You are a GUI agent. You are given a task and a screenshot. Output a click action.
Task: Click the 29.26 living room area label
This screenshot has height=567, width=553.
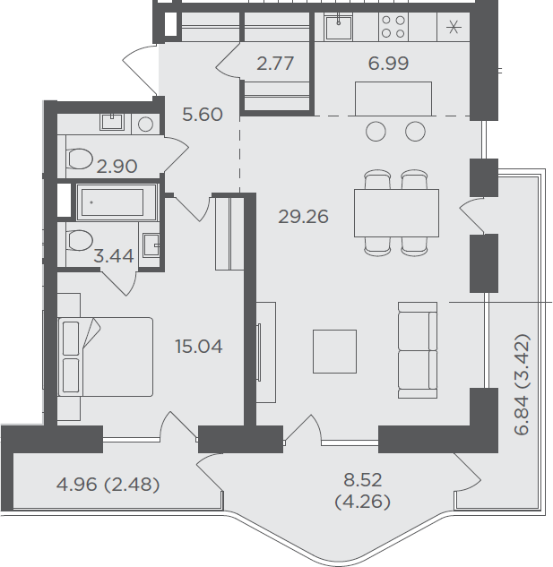(303, 217)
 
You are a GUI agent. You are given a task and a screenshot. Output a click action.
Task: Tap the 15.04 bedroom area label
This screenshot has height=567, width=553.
(199, 347)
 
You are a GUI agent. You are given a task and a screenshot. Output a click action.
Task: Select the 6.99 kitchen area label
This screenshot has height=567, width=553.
(388, 64)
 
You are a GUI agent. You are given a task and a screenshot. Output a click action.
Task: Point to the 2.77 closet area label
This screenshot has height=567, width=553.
(275, 64)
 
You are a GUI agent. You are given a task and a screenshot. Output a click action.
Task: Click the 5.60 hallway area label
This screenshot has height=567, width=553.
(203, 115)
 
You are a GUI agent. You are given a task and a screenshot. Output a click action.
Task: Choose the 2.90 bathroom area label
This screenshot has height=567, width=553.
(117, 167)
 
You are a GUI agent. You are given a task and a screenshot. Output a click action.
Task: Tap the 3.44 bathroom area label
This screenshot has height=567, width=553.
(114, 256)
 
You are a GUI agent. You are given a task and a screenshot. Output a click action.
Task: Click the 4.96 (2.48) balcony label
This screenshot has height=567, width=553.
(108, 485)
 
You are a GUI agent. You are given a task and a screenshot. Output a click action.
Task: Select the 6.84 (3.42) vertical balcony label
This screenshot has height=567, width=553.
(522, 384)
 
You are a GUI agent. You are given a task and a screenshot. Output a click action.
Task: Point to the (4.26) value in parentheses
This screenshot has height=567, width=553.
(363, 502)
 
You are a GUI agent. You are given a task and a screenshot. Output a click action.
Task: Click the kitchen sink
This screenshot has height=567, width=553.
(339, 27)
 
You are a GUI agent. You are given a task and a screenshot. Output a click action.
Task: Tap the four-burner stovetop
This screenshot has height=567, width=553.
(393, 27)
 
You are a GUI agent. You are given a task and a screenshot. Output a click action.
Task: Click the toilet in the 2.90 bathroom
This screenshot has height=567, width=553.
(79, 159)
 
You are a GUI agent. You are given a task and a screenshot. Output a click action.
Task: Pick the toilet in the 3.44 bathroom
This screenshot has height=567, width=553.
(80, 240)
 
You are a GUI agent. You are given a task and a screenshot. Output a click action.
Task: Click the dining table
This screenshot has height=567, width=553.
(397, 213)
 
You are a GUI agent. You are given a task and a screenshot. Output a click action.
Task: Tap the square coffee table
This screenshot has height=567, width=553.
(335, 351)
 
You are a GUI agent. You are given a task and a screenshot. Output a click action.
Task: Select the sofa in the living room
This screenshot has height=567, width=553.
(418, 350)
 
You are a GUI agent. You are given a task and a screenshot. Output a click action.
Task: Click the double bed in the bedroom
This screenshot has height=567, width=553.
(106, 357)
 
